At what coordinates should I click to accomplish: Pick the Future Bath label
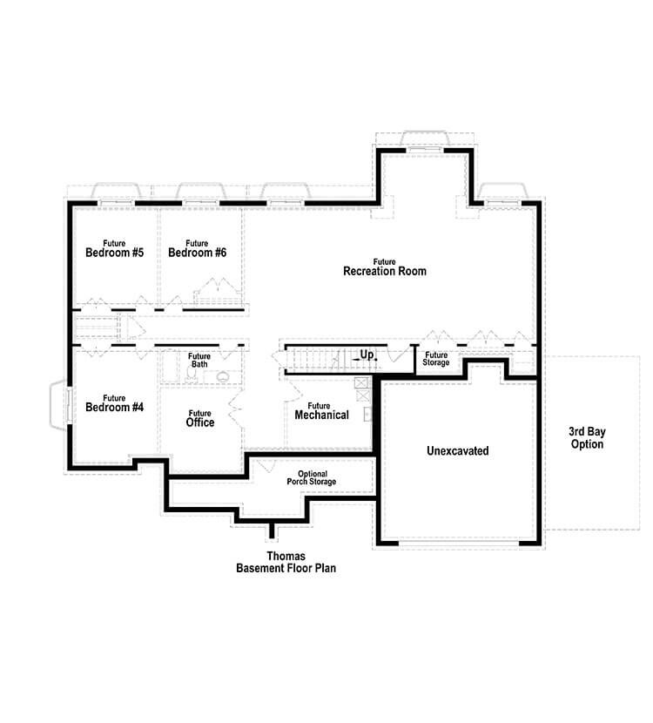tap(199, 360)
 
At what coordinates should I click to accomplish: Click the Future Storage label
tap(436, 359)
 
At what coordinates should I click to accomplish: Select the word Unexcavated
tap(457, 451)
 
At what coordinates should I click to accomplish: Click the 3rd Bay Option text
tap(586, 438)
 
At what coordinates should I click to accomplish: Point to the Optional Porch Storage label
tap(311, 478)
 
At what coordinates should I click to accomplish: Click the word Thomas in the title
tap(286, 555)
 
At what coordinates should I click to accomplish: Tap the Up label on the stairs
tap(367, 355)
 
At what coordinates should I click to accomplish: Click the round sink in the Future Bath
tap(225, 377)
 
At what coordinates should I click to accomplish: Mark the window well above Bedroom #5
tap(116, 192)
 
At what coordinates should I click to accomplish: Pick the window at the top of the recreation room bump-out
tap(424, 141)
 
